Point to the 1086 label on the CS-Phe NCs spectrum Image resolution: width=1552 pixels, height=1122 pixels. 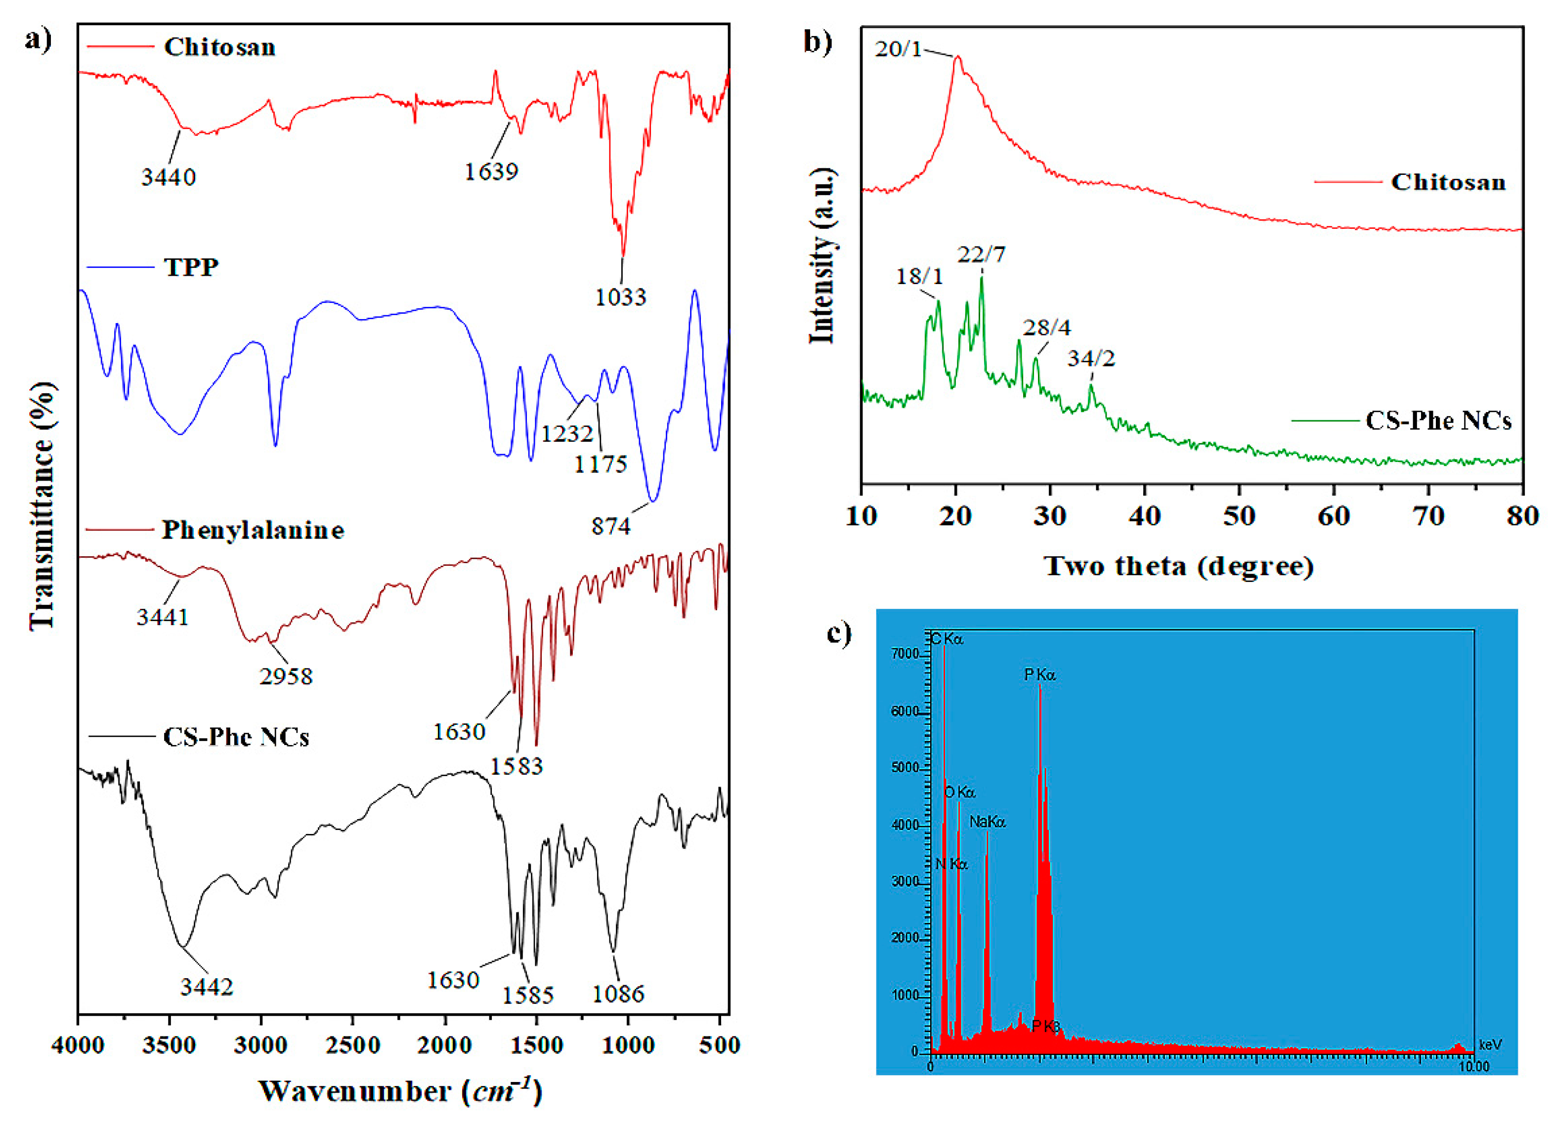click(618, 994)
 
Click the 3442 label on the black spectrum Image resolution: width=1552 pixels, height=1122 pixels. click(207, 987)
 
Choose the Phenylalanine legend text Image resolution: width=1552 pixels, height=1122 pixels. click(253, 530)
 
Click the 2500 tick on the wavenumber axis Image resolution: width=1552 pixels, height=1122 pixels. click(353, 1045)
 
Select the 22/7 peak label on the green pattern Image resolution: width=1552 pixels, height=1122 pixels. click(981, 254)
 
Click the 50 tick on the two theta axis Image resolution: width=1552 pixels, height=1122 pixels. click(1239, 516)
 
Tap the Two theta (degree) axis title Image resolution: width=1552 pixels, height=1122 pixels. click(1178, 566)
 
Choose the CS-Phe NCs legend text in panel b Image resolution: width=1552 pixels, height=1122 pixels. click(1438, 420)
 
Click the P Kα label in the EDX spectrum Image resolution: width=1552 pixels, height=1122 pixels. click(1039, 675)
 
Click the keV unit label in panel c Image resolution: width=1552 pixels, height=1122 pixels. click(1490, 1045)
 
